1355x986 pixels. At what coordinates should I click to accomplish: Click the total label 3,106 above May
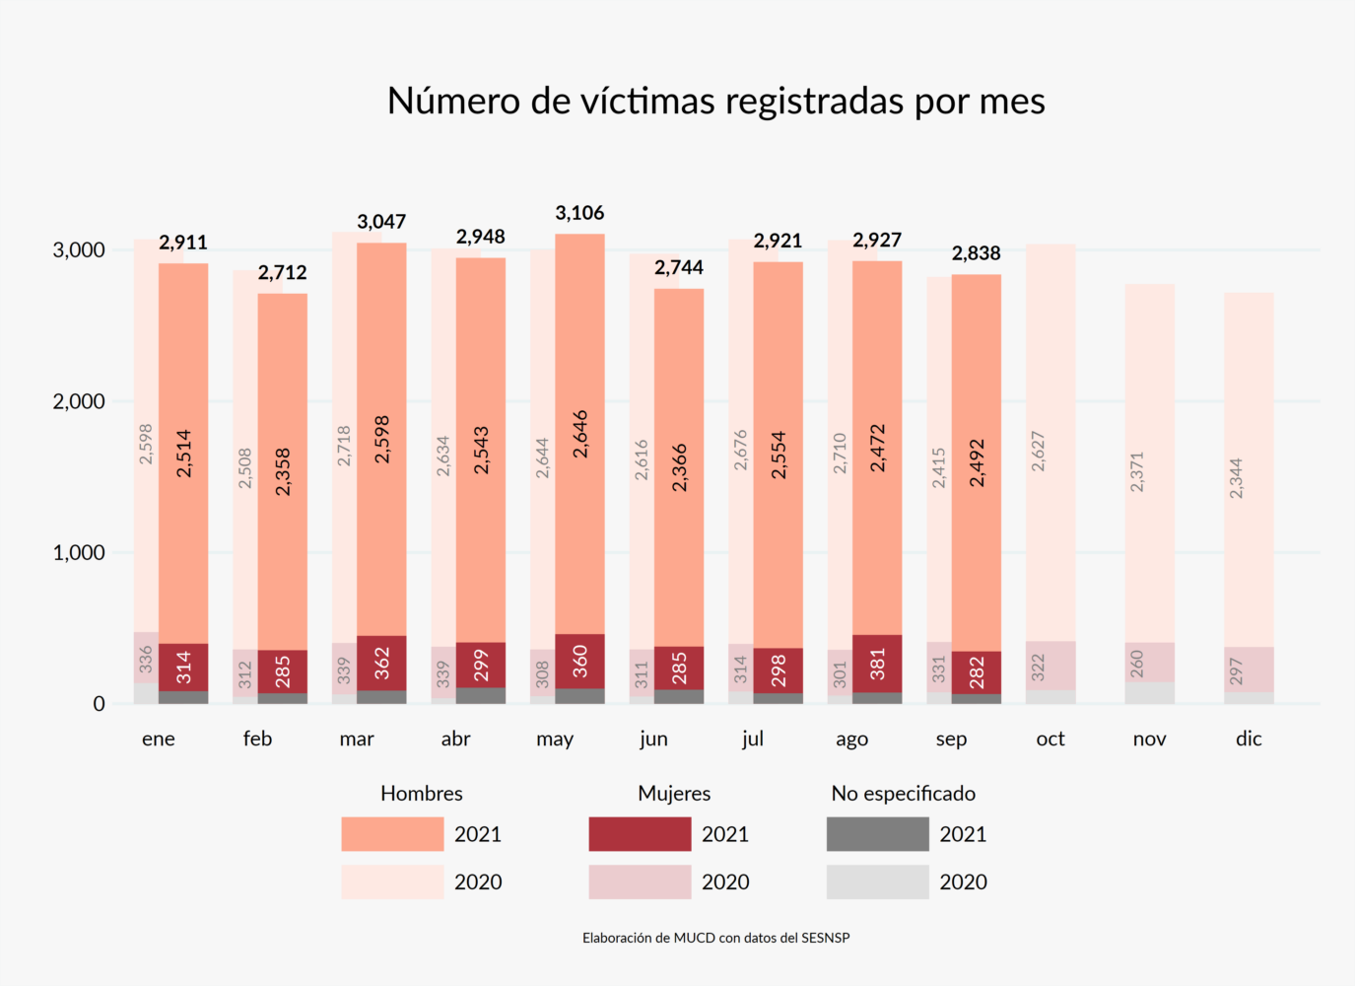[x=579, y=213]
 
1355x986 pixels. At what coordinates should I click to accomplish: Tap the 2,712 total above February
[x=283, y=272]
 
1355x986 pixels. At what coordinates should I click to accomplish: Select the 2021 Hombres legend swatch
[x=392, y=834]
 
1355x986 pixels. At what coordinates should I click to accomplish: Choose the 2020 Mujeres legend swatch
[x=640, y=881]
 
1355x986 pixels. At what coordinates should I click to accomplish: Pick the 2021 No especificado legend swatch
[x=877, y=834]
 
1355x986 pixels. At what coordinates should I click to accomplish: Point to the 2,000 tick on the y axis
[x=79, y=401]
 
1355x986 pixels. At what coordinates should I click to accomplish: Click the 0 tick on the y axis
[x=99, y=704]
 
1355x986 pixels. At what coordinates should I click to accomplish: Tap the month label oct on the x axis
[x=1050, y=739]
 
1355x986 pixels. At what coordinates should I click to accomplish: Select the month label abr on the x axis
[x=455, y=739]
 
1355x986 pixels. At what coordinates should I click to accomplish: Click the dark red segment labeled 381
[x=877, y=664]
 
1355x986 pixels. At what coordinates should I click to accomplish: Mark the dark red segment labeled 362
[x=382, y=663]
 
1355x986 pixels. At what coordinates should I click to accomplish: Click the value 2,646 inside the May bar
[x=580, y=434]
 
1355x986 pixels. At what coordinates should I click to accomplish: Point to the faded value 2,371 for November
[x=1137, y=472]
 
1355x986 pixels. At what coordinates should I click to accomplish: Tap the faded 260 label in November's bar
[x=1137, y=663]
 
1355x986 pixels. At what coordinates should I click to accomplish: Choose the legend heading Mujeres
[x=674, y=794]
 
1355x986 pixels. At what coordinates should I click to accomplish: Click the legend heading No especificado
[x=903, y=794]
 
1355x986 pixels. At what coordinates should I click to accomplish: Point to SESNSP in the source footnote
[x=826, y=938]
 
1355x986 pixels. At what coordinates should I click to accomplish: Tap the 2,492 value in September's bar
[x=977, y=463]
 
